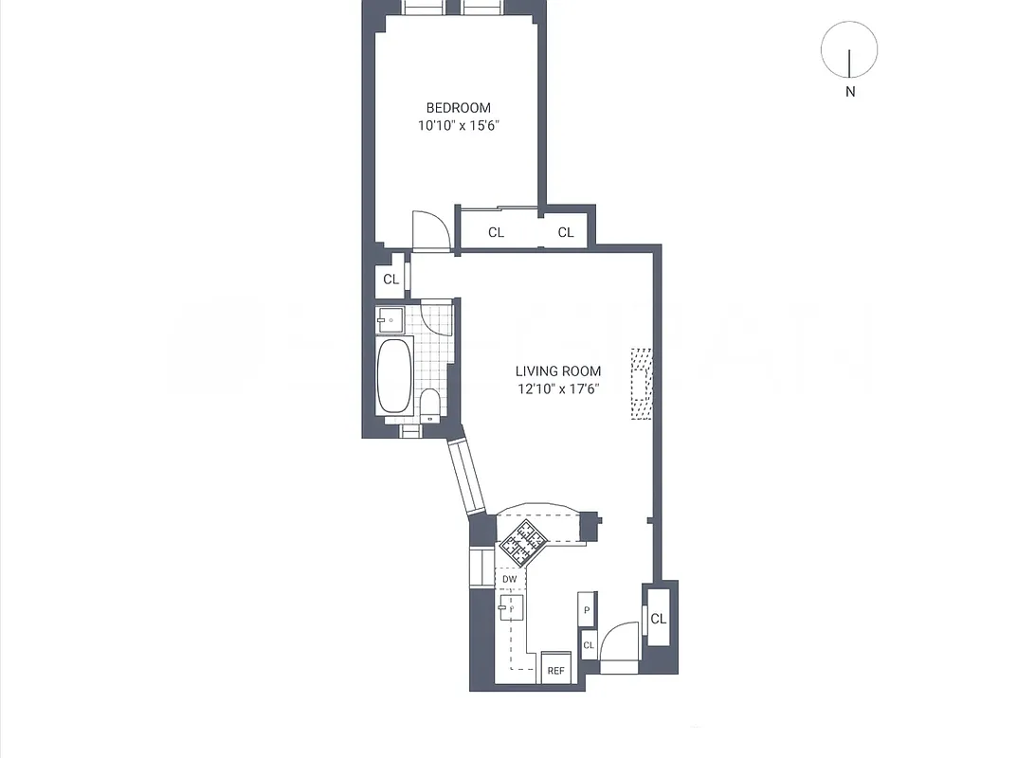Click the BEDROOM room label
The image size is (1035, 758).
tap(458, 108)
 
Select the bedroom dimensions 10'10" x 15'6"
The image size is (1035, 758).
tap(458, 126)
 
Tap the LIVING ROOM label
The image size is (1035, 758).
tap(557, 371)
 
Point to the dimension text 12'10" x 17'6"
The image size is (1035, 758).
tap(557, 388)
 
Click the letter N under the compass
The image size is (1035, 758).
tap(850, 92)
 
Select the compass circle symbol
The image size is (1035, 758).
tap(849, 50)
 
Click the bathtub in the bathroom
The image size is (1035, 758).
tap(394, 376)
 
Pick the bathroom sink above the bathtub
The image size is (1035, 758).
tap(390, 320)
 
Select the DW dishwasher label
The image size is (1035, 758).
tap(510, 579)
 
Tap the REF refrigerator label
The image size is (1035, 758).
tap(555, 671)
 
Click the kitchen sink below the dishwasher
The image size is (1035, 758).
tap(511, 607)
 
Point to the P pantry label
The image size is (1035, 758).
tap(588, 611)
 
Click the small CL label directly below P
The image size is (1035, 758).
tap(588, 645)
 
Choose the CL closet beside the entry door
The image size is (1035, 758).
tap(658, 619)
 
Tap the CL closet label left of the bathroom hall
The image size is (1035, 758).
tap(390, 279)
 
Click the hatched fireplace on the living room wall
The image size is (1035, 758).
tap(643, 382)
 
